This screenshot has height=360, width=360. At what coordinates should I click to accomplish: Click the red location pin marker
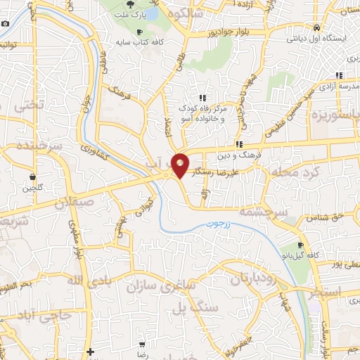pyautogui.click(x=180, y=165)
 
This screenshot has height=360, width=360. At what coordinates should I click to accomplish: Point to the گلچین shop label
pyautogui.click(x=32, y=187)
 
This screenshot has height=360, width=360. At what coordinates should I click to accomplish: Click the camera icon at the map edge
pyautogui.click(x=6, y=23)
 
